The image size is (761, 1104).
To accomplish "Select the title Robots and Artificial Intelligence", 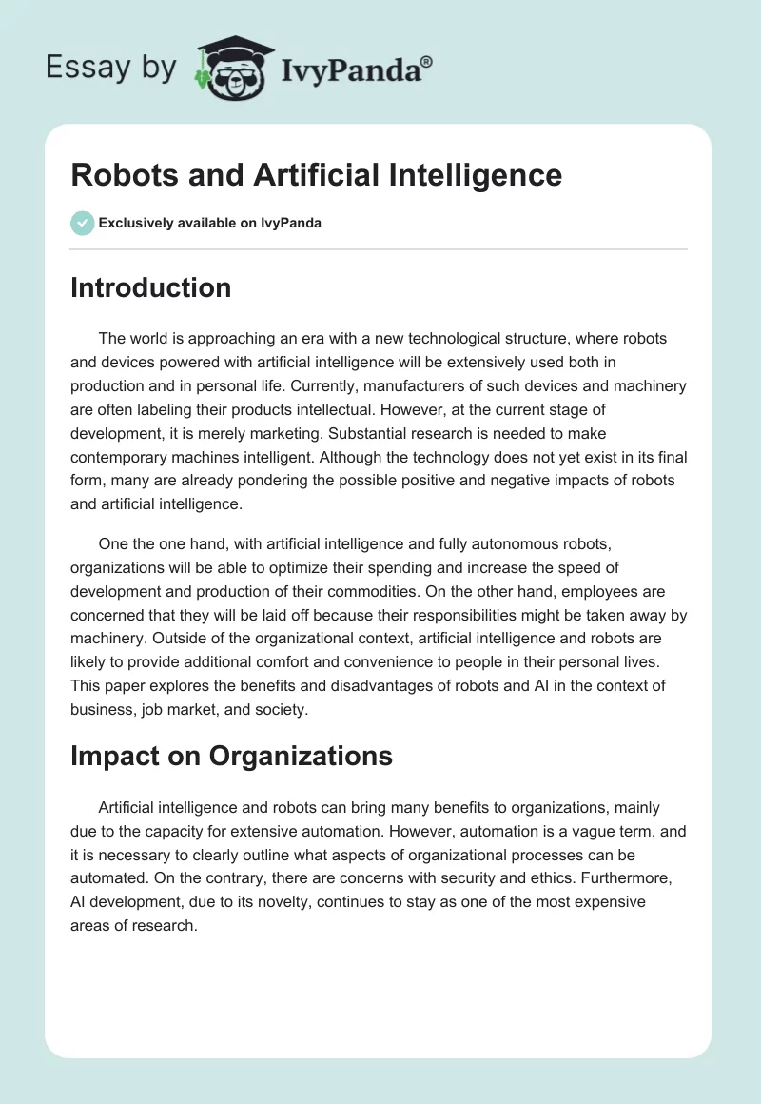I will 316,175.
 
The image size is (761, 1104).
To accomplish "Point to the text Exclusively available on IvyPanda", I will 209,224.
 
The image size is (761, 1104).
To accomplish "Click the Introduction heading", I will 150,287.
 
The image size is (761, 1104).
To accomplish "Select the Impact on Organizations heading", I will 231,755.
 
